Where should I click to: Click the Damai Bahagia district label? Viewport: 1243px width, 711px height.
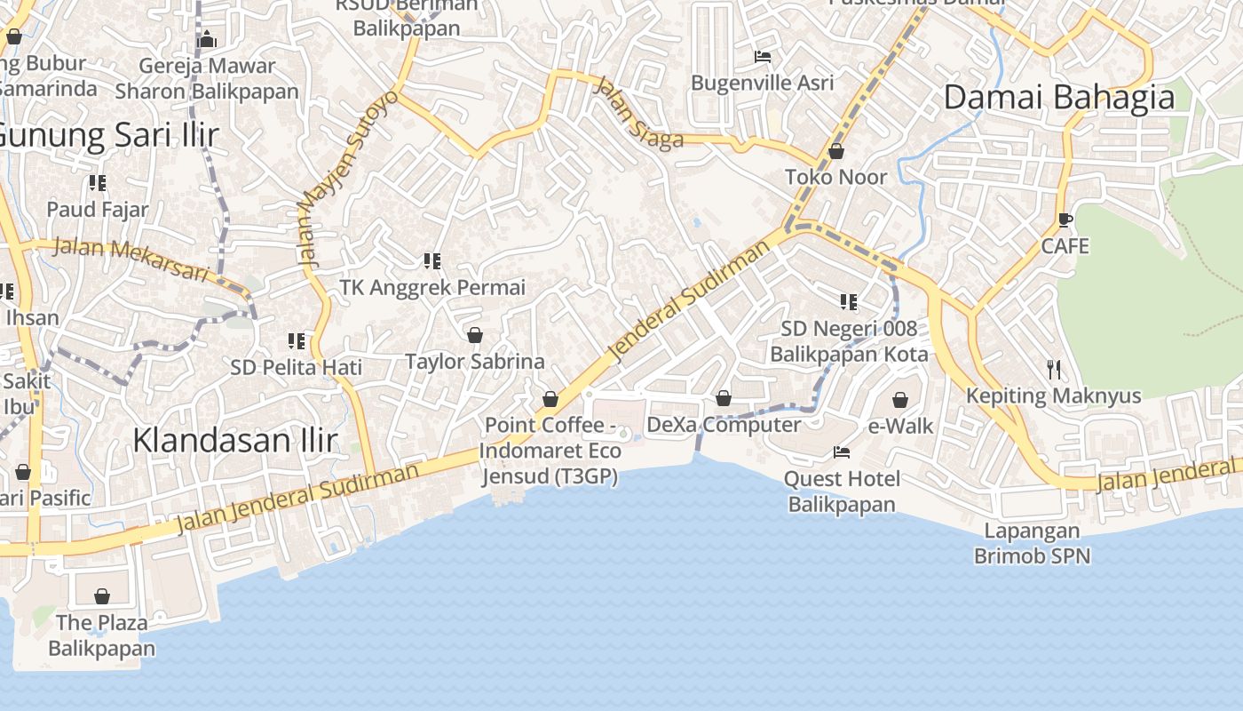pyautogui.click(x=1058, y=97)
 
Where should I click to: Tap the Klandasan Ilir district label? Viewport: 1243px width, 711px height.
pyautogui.click(x=235, y=440)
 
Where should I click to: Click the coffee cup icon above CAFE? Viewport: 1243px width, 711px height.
pyautogui.click(x=1065, y=220)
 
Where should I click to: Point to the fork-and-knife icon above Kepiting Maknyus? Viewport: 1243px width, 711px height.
pyautogui.click(x=1054, y=370)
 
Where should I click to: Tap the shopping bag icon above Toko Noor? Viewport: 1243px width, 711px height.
pyautogui.click(x=835, y=152)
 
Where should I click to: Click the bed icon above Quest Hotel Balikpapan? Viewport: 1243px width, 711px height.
pyautogui.click(x=841, y=452)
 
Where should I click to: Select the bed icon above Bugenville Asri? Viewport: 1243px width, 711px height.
pyautogui.click(x=762, y=57)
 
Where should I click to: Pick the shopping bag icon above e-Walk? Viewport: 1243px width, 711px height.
pyautogui.click(x=900, y=400)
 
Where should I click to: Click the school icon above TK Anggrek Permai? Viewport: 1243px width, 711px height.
pyautogui.click(x=432, y=261)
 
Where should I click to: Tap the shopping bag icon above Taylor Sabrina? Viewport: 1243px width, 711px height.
pyautogui.click(x=474, y=335)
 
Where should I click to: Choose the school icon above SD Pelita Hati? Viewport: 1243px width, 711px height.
pyautogui.click(x=296, y=341)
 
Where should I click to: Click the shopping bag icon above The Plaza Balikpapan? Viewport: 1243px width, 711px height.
pyautogui.click(x=102, y=596)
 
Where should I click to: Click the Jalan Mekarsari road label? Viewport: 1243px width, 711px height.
pyautogui.click(x=131, y=259)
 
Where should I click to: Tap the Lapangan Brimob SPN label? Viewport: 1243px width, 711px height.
pyautogui.click(x=1032, y=544)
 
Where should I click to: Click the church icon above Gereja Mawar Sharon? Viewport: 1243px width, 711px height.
pyautogui.click(x=207, y=39)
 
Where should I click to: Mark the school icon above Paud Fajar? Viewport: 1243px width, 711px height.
pyautogui.click(x=98, y=184)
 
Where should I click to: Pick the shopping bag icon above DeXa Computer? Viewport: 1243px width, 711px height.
pyautogui.click(x=724, y=398)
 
